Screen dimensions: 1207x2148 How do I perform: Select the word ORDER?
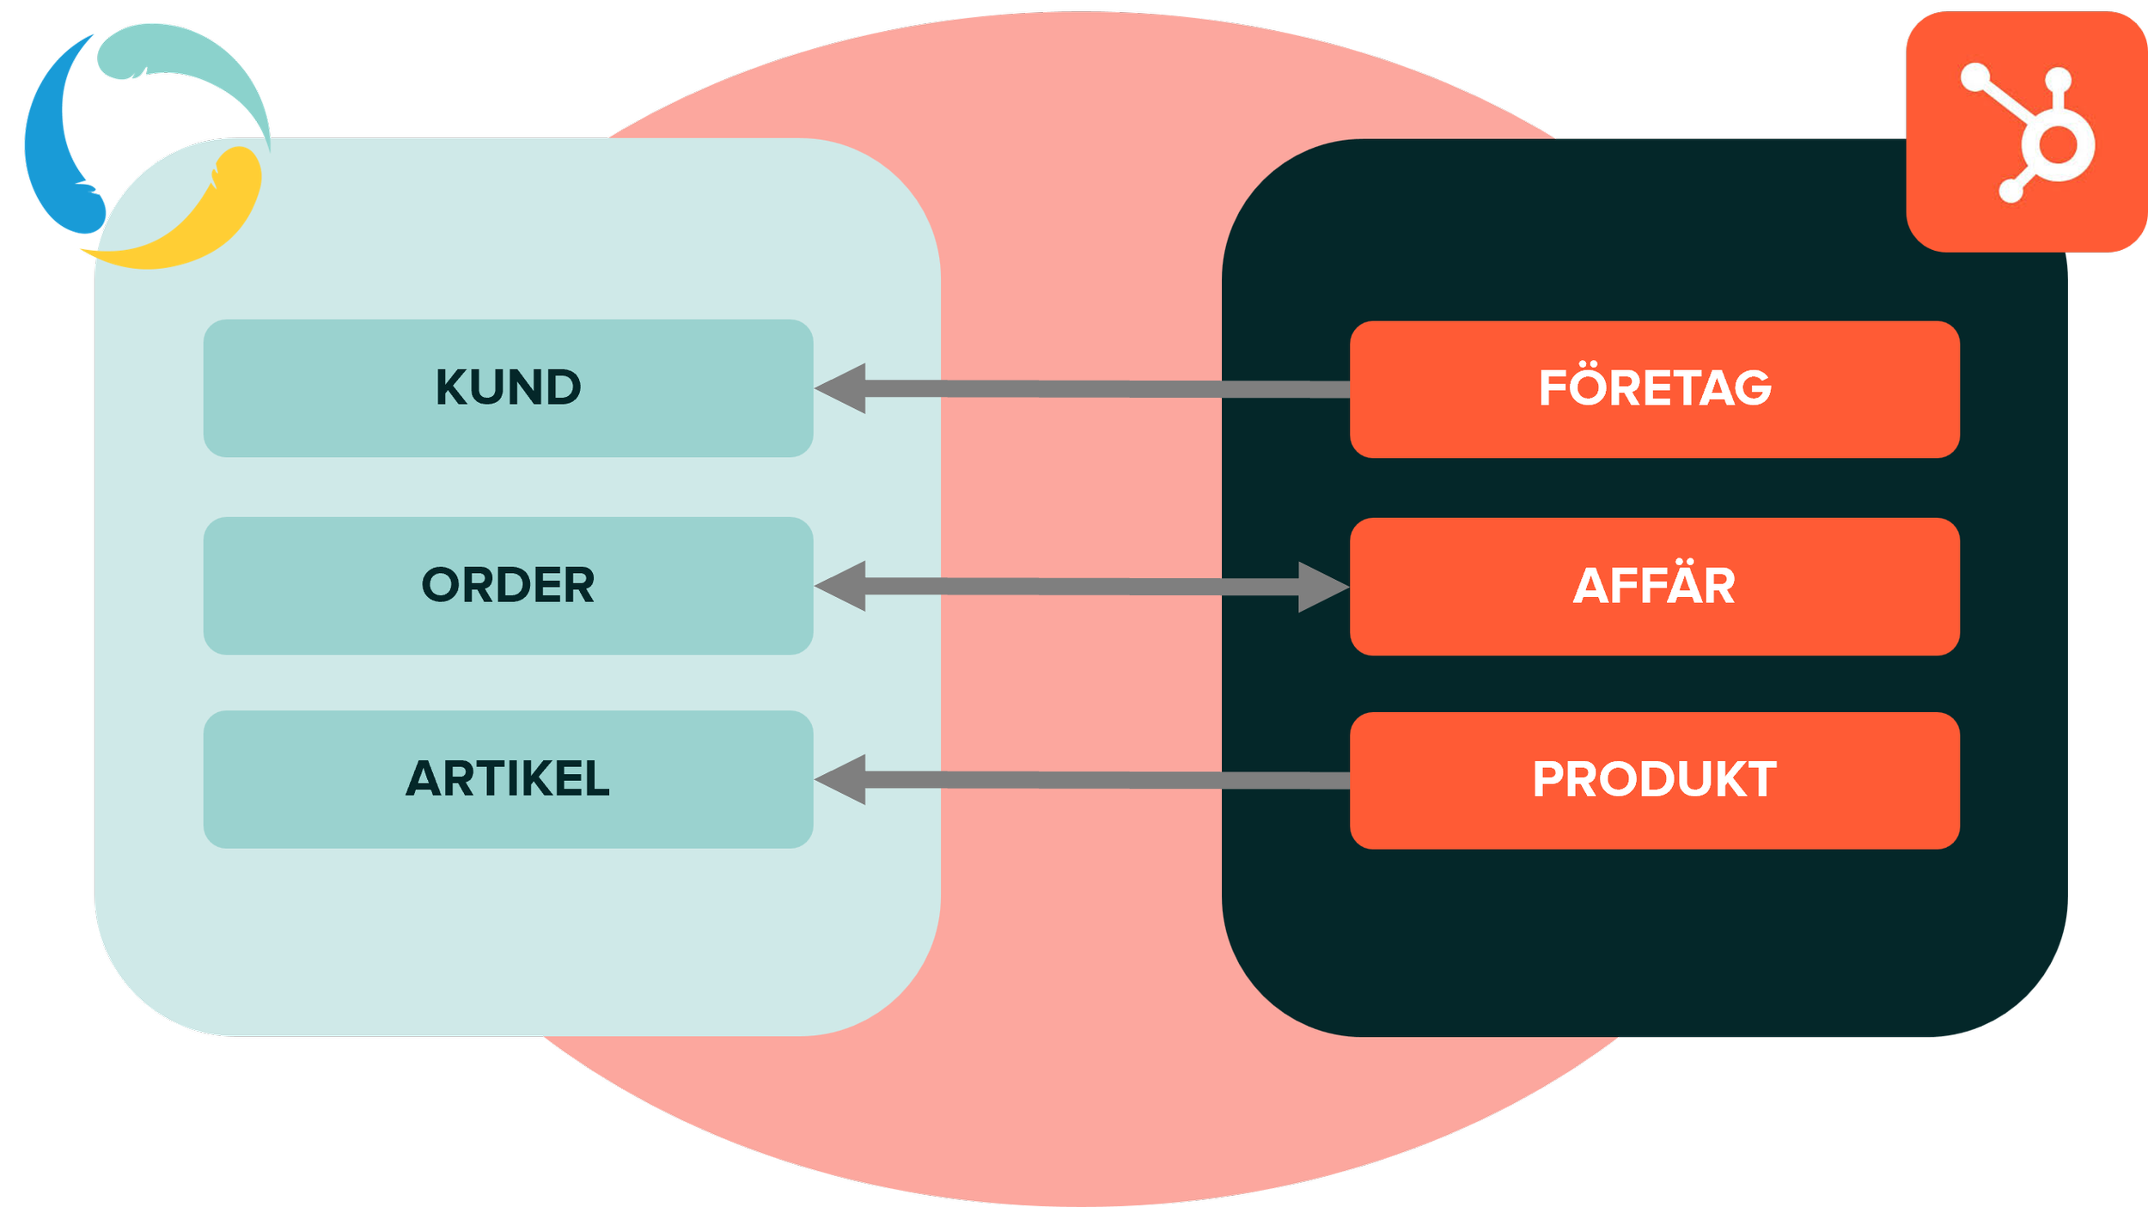(508, 585)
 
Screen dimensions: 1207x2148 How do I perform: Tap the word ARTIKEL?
(508, 778)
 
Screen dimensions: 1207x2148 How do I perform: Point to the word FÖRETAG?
(1655, 387)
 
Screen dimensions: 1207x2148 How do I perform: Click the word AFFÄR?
(1654, 586)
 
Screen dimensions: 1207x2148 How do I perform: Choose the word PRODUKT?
(1654, 779)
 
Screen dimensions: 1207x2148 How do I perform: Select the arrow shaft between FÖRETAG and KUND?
(1108, 389)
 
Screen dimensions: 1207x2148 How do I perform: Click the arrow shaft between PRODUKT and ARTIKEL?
(1108, 780)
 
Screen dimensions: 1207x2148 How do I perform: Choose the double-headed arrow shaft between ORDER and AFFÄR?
(1083, 587)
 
